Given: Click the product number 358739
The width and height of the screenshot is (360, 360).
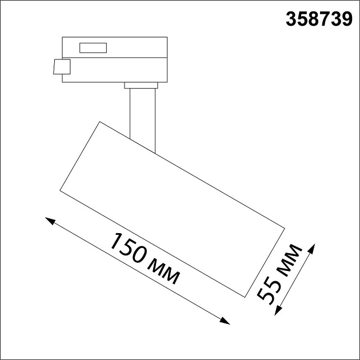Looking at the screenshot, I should pyautogui.click(x=319, y=20).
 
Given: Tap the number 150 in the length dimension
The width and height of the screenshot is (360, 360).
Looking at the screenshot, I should pyautogui.click(x=129, y=249).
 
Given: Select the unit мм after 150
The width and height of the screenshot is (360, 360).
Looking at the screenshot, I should pyautogui.click(x=165, y=273).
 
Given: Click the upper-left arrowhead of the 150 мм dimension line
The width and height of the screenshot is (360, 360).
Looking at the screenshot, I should pyautogui.click(x=49, y=221).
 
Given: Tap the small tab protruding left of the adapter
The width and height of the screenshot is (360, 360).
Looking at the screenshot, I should pyautogui.click(x=60, y=67).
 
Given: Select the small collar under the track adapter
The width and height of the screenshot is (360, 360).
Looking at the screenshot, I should pyautogui.click(x=141, y=86).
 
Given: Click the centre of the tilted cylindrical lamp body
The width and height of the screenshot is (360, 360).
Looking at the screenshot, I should pyautogui.click(x=172, y=209).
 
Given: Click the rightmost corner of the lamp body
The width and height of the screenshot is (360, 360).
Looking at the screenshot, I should pyautogui.click(x=284, y=230).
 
